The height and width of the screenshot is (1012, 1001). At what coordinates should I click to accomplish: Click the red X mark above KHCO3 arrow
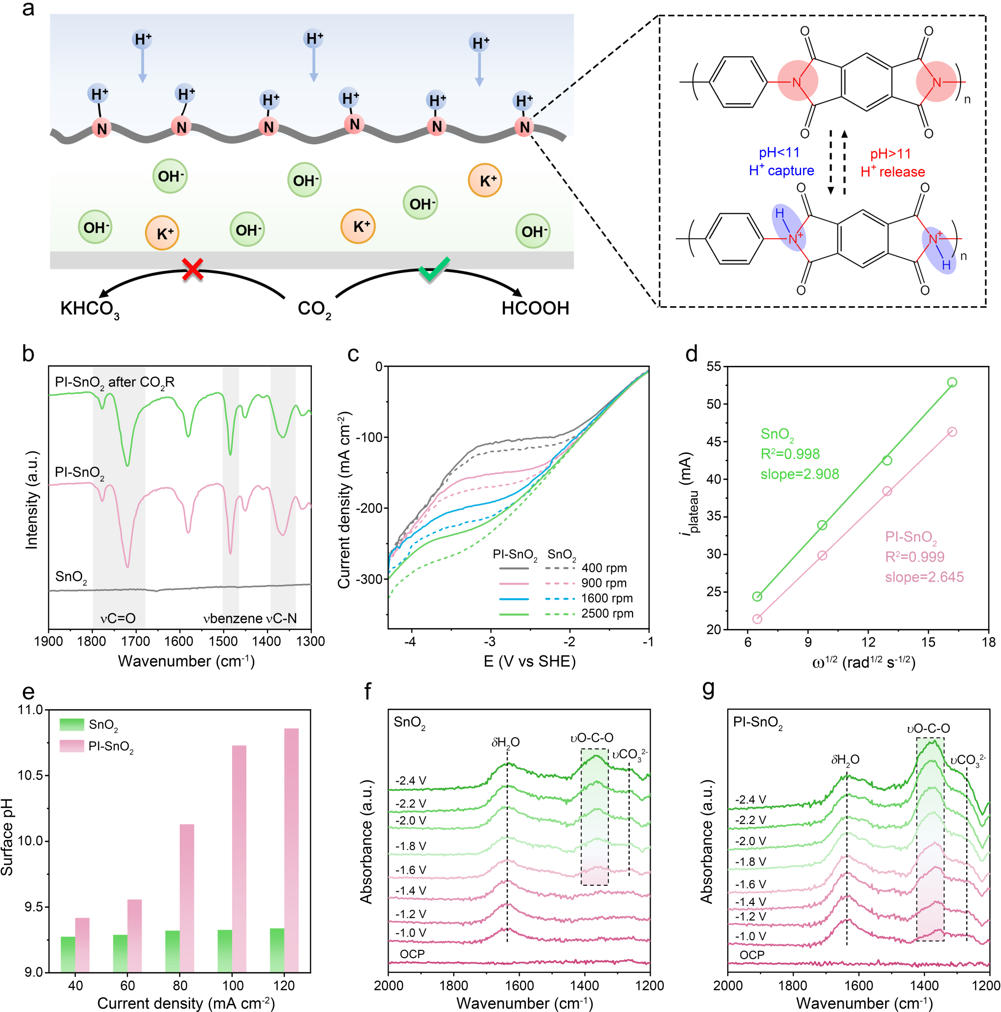pos(193,270)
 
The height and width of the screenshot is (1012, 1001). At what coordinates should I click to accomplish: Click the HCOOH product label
pos(535,308)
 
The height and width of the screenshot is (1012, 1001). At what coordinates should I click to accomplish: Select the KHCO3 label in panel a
pos(89,309)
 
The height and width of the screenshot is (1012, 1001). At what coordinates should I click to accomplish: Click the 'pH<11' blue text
pos(779,153)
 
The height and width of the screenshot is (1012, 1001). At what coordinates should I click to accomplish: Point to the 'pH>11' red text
pos(891,154)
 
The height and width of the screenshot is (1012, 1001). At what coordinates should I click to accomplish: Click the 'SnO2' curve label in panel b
pos(71,577)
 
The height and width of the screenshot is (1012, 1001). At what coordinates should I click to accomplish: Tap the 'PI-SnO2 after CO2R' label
pos(115,382)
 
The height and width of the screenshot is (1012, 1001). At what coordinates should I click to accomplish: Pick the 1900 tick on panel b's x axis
pos(48,641)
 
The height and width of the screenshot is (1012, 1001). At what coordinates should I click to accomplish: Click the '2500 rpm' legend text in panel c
pos(608,613)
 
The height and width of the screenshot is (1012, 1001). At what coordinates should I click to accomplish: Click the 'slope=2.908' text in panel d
pos(800,474)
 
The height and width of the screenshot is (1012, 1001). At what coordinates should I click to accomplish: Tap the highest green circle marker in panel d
pos(952,382)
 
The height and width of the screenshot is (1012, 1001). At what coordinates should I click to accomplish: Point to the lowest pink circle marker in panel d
pos(757,619)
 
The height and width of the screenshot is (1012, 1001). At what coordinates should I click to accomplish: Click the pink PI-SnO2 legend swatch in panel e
pos(72,746)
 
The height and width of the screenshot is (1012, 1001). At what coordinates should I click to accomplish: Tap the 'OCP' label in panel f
pos(412,954)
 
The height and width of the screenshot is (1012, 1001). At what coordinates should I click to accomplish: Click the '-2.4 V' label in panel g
pos(750,799)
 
